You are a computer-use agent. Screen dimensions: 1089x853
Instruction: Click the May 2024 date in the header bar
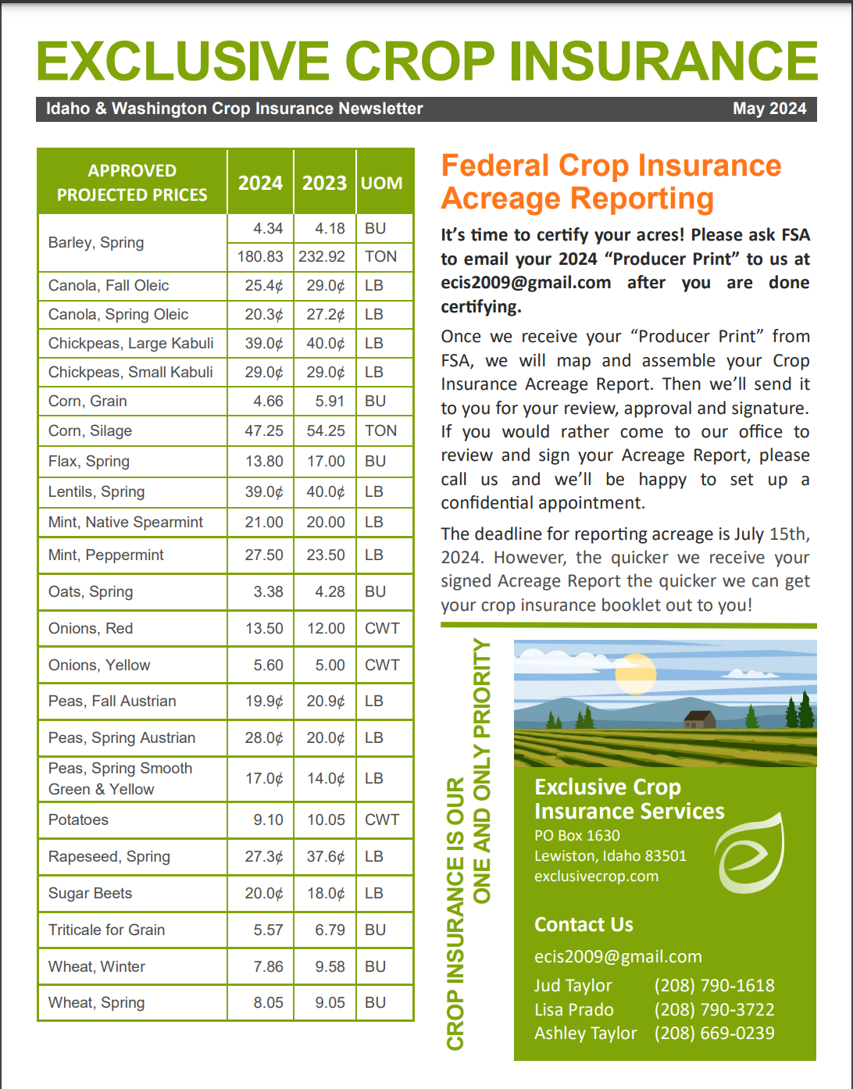pyautogui.click(x=769, y=109)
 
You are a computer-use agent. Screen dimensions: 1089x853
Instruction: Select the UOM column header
pyautogui.click(x=382, y=183)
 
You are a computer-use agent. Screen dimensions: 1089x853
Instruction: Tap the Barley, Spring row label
pyautogui.click(x=96, y=242)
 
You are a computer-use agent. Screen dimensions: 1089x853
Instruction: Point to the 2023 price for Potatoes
pyautogui.click(x=326, y=819)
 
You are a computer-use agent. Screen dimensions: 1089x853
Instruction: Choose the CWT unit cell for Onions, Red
pyautogui.click(x=382, y=628)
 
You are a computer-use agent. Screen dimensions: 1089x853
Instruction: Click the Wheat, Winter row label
pyautogui.click(x=97, y=966)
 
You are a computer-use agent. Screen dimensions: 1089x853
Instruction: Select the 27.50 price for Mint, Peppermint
pyautogui.click(x=264, y=555)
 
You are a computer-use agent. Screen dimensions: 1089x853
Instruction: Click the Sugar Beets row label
pyautogui.click(x=91, y=893)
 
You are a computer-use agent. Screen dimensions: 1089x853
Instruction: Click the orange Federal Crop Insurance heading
pyautogui.click(x=611, y=181)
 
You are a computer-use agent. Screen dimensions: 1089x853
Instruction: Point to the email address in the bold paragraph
pyautogui.click(x=526, y=282)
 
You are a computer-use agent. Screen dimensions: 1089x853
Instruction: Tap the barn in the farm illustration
pyautogui.click(x=699, y=719)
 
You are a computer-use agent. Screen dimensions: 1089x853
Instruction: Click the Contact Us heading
pyautogui.click(x=584, y=924)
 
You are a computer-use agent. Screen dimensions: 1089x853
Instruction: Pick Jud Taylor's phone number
pyautogui.click(x=714, y=985)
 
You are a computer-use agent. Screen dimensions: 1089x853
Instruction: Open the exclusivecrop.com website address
pyautogui.click(x=596, y=876)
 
